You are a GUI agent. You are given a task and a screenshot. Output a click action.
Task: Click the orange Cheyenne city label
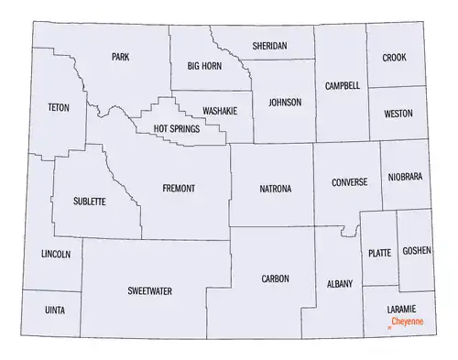408,322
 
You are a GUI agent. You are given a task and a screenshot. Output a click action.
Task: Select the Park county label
120,57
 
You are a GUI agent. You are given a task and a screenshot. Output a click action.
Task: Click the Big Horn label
204,66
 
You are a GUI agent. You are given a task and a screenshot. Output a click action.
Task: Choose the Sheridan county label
270,45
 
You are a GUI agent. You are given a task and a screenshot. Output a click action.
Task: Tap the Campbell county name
343,85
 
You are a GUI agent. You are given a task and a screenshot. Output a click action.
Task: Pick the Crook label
395,57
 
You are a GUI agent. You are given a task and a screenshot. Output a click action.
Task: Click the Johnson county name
284,102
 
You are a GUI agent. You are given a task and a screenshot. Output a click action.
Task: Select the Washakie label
220,110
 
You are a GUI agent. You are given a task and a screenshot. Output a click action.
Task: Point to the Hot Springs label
178,129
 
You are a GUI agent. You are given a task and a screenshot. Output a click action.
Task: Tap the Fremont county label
179,188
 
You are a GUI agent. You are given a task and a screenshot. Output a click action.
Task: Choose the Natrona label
275,189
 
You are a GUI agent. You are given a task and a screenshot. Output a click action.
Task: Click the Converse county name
350,181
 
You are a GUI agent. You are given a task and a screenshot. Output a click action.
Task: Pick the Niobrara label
405,177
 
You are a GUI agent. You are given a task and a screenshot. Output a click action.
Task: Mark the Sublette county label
90,201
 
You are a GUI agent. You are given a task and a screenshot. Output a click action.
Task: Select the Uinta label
54,311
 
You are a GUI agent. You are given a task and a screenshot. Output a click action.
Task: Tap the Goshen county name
415,250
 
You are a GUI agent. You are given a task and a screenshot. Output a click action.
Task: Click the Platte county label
378,253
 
